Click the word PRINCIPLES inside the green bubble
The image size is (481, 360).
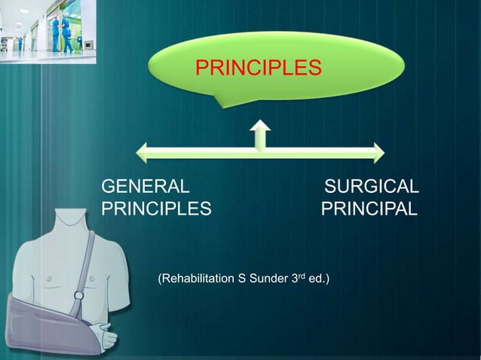[x=259, y=70]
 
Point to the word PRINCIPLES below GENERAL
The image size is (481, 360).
[x=157, y=208]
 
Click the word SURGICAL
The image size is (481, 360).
[x=372, y=186]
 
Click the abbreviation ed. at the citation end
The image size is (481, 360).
[x=318, y=279]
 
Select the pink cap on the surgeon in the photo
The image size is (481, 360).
[x=55, y=17]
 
